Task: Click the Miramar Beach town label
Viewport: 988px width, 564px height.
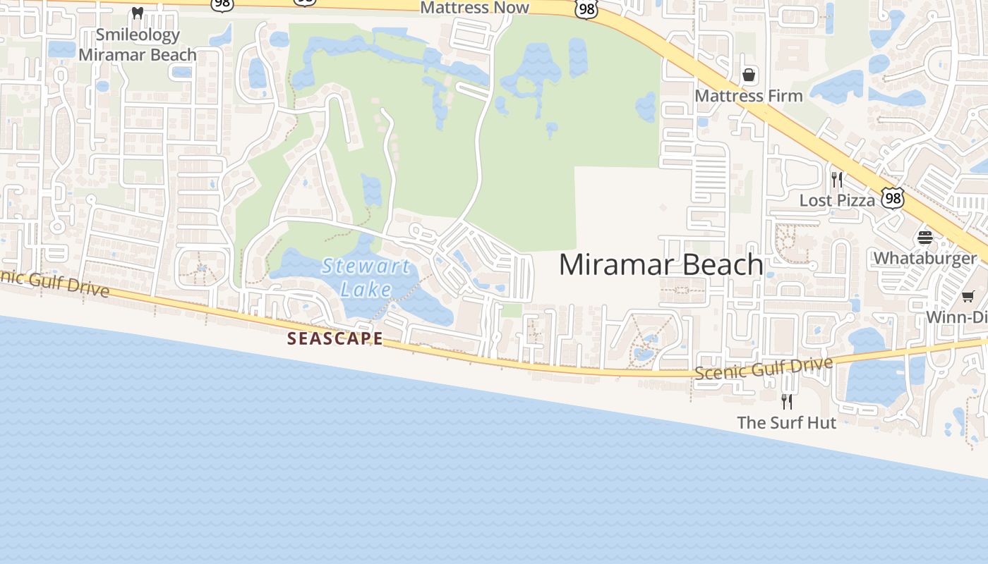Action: coord(661,265)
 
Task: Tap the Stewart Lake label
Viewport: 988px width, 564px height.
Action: coord(366,277)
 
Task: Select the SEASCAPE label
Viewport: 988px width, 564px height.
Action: coord(335,339)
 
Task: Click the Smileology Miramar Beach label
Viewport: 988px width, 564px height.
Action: coord(138,44)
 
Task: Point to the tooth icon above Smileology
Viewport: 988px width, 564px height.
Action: coord(138,13)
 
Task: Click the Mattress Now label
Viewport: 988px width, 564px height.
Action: coord(474,8)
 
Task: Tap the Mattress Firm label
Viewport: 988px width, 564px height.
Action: coord(749,95)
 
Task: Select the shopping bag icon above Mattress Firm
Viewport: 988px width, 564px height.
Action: coord(749,74)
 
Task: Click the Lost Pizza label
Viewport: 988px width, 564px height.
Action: coord(837,200)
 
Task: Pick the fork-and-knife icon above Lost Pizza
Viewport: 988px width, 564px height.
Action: coord(837,179)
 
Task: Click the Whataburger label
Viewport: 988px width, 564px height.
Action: coord(924,258)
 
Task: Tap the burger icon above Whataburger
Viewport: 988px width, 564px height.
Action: coord(925,238)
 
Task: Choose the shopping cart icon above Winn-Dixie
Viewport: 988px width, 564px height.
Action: coord(968,297)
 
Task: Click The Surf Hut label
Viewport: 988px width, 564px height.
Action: coord(786,422)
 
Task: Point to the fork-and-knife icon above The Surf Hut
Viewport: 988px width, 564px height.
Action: coord(786,401)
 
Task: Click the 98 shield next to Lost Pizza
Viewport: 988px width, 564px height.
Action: coord(893,198)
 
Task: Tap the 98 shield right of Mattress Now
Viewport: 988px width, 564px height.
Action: coord(586,8)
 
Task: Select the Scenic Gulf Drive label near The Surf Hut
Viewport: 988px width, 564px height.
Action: coord(764,368)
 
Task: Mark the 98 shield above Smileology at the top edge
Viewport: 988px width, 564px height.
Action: coord(222,4)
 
